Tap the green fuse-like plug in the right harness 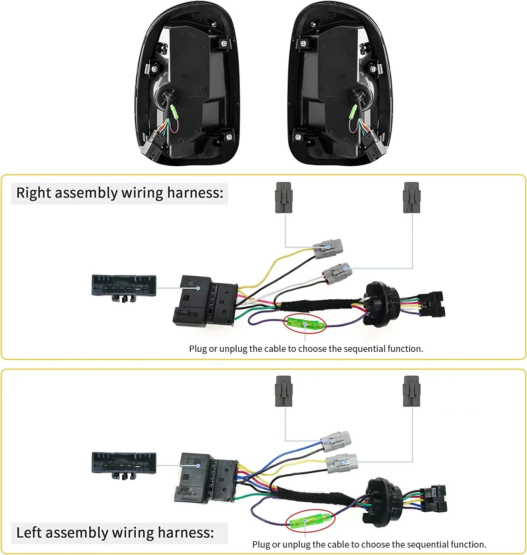(305, 325)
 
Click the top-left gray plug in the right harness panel (284, 198)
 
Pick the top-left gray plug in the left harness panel (284, 391)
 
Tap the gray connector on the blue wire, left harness (335, 441)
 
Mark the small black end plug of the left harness (435, 499)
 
